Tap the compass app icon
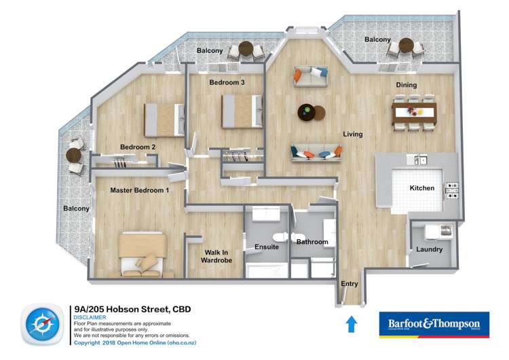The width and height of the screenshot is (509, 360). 43,324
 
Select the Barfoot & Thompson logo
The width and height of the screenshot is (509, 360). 433,325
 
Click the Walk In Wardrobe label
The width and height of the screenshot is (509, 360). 219,256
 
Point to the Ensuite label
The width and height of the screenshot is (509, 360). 267,247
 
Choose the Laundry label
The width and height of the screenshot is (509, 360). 430,249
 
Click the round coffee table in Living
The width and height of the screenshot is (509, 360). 307,112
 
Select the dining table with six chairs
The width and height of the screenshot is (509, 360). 414,112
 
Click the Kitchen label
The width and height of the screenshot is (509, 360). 421,188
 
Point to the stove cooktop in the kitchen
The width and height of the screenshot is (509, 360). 452,190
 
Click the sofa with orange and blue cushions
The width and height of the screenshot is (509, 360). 316,153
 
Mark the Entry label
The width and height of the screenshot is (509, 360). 350,284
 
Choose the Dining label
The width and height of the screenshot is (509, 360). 407,85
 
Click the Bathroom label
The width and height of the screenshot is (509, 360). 312,242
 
